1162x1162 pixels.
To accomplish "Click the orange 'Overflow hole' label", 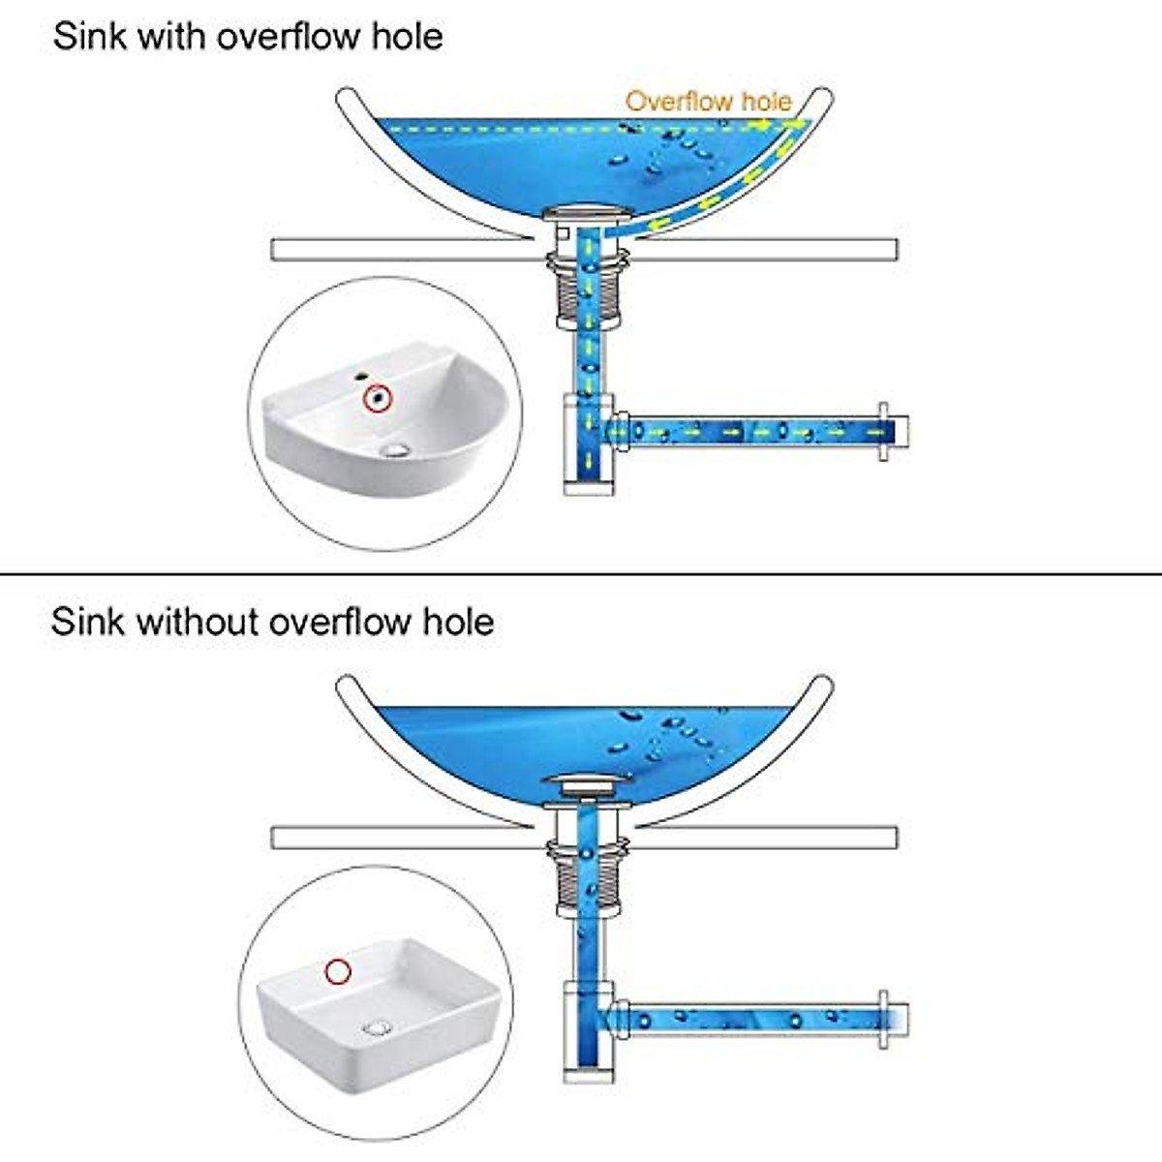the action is pos(709,102).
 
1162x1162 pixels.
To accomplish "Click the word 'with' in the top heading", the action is pos(171,36).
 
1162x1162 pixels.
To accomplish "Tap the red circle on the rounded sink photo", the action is pos(378,398).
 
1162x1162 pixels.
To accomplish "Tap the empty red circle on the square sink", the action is pos(338,971).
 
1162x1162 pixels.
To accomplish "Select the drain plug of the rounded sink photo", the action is pos(396,449).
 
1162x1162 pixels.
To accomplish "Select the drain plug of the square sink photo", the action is pos(378,1027).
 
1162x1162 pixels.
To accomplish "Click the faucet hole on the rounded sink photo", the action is pos(361,377).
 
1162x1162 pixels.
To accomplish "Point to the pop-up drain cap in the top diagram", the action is pos(588,212).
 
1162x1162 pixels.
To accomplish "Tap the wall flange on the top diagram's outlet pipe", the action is pos(883,432).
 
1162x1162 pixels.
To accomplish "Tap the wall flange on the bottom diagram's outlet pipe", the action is pos(883,1020).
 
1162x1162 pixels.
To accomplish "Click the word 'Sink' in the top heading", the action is pos(90,36).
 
